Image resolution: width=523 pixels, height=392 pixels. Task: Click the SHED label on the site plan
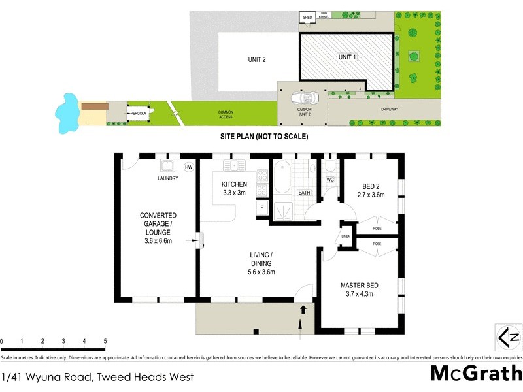(307, 18)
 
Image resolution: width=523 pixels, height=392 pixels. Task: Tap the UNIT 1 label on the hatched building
(347, 57)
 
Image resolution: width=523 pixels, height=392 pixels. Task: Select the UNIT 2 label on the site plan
(256, 60)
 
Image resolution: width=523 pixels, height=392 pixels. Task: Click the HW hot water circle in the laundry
(189, 167)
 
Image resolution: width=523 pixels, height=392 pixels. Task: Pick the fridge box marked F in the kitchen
(261, 208)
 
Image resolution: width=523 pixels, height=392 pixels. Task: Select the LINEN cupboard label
(346, 237)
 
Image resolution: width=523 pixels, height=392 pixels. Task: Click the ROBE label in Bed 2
(377, 229)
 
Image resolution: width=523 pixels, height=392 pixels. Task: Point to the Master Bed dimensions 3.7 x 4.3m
(360, 295)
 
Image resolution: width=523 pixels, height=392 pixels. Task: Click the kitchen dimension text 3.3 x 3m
(233, 193)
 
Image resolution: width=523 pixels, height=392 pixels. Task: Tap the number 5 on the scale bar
(105, 341)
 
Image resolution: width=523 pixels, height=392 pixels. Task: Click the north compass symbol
(509, 337)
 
